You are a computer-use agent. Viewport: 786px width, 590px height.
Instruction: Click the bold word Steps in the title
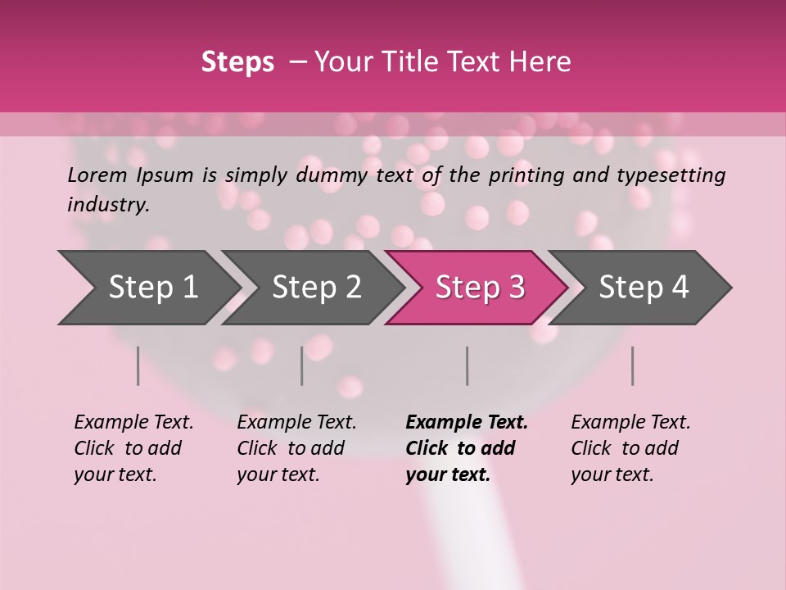[x=237, y=62]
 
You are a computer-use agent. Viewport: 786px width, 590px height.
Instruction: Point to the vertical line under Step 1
[x=138, y=365]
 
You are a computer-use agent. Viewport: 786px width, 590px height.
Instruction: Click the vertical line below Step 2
[x=302, y=365]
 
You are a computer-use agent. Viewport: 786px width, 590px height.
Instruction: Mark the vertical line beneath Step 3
[x=467, y=365]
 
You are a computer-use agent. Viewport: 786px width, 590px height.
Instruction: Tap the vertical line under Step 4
[x=632, y=365]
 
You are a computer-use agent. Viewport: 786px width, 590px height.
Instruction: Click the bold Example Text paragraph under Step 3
[x=465, y=448]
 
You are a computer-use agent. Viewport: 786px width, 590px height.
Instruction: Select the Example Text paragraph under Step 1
[x=133, y=448]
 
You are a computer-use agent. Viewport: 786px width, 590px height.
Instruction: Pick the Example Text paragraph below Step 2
[x=296, y=448]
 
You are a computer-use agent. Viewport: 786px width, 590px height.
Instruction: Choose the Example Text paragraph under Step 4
[x=630, y=448]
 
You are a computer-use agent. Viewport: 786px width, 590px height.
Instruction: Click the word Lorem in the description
[x=97, y=175]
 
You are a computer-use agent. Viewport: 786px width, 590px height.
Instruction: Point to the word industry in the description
[x=106, y=205]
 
